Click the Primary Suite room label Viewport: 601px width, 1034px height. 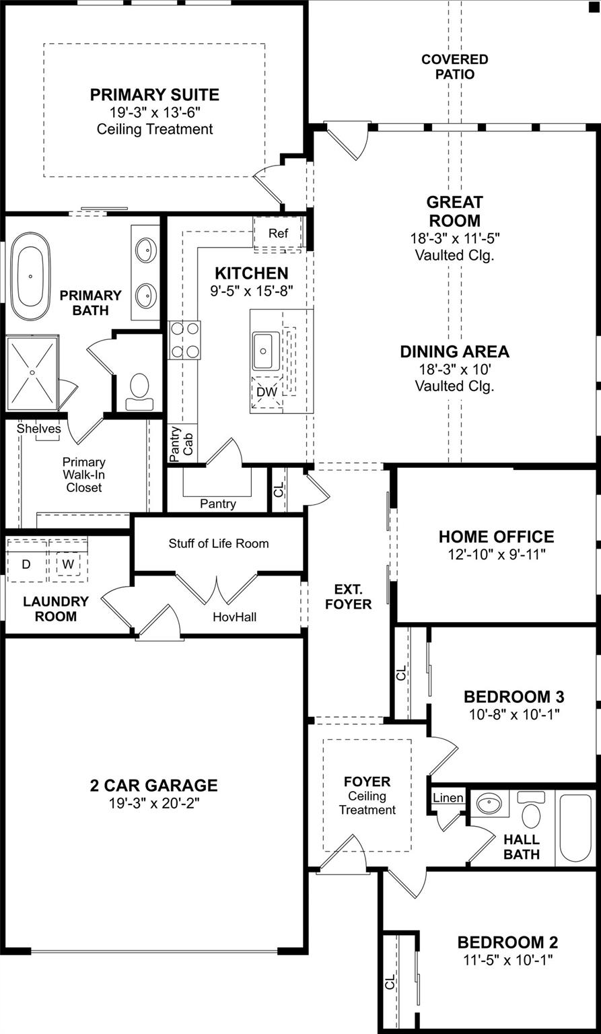point(155,95)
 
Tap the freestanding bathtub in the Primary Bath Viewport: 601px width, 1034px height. point(30,276)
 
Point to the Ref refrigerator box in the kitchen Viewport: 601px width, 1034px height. point(278,234)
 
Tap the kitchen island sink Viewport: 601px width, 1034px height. point(266,350)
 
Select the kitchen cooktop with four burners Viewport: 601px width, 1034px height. point(185,340)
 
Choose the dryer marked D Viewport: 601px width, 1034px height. point(26,564)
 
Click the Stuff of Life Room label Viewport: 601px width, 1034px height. point(219,543)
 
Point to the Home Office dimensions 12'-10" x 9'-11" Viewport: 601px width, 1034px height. point(497,555)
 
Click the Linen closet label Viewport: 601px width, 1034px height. point(448,798)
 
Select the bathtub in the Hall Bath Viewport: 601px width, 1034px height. point(575,828)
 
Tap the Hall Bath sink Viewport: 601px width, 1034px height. point(489,804)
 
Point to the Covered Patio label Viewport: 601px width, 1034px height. point(455,67)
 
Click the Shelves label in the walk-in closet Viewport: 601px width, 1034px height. point(39,428)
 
